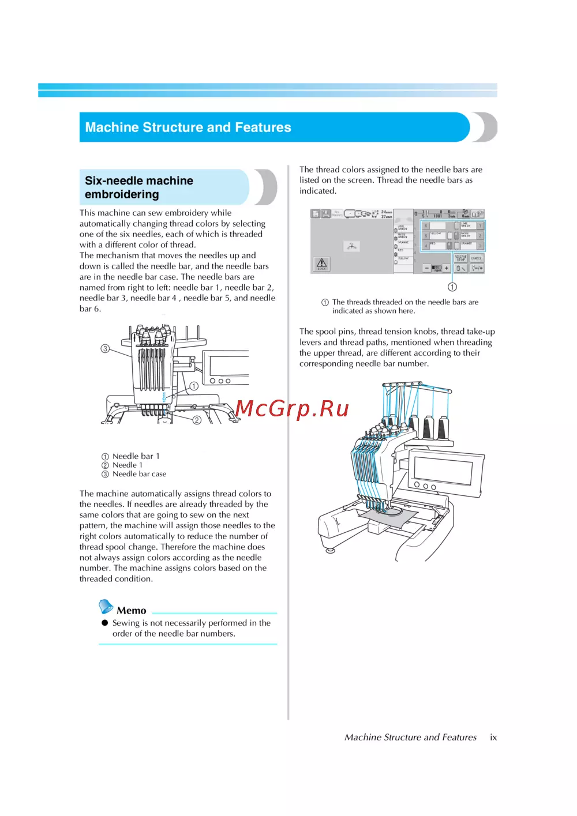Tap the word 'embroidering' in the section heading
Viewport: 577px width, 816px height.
(x=122, y=194)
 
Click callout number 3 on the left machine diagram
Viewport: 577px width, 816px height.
(x=105, y=348)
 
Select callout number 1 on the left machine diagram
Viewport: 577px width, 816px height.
(x=194, y=386)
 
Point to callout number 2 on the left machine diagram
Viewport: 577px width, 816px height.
(x=197, y=420)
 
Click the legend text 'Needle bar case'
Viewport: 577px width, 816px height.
(x=139, y=474)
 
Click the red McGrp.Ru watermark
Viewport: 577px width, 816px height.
(x=293, y=408)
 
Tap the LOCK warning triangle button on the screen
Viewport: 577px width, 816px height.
(x=321, y=264)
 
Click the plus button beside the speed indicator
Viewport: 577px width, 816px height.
(x=446, y=268)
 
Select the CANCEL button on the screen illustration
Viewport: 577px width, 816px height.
(x=477, y=258)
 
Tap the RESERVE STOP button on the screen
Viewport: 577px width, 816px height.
(x=460, y=258)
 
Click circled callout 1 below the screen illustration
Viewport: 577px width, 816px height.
(x=452, y=287)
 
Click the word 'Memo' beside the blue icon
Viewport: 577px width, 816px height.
(x=132, y=611)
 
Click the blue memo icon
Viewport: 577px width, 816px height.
(x=106, y=607)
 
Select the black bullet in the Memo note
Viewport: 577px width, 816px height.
(x=105, y=623)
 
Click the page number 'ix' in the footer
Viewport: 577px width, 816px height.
(x=493, y=737)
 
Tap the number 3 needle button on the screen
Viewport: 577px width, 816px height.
(x=479, y=246)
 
